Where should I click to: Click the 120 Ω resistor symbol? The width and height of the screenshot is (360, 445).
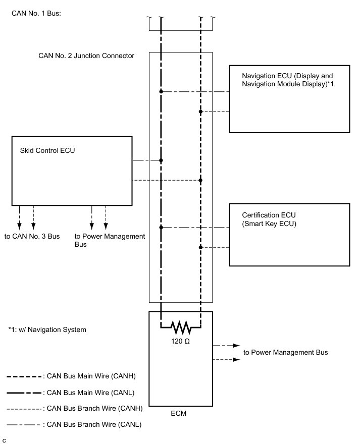click(181, 327)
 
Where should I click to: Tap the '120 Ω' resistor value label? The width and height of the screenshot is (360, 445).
click(180, 341)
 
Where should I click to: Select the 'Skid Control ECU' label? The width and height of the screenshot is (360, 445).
click(47, 150)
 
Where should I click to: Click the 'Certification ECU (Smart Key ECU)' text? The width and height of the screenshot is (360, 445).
click(269, 219)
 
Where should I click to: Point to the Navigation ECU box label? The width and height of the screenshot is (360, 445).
click(288, 80)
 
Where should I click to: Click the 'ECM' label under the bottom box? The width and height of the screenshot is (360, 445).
click(179, 413)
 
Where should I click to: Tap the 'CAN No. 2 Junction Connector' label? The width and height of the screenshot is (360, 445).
click(86, 55)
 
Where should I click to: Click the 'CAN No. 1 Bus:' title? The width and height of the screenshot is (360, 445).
click(36, 13)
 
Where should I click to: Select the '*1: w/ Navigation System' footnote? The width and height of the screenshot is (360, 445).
click(47, 329)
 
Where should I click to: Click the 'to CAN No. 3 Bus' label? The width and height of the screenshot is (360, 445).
click(32, 236)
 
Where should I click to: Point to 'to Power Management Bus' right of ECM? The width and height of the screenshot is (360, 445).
click(286, 352)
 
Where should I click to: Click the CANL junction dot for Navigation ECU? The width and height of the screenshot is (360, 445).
click(161, 92)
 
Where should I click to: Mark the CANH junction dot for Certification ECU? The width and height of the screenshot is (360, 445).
click(200, 247)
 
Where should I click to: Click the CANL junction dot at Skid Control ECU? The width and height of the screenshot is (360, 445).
click(161, 160)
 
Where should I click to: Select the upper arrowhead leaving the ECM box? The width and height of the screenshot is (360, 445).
click(236, 346)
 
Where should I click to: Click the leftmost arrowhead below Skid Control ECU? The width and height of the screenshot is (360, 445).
click(19, 226)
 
